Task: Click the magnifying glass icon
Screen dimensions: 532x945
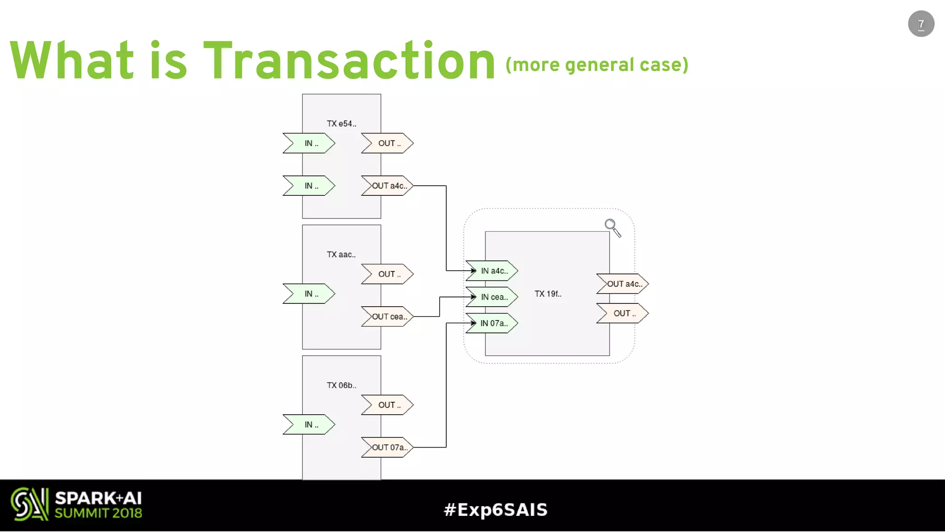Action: (x=612, y=227)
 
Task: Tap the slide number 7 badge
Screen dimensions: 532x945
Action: (x=921, y=24)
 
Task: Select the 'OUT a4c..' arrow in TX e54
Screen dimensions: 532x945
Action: (x=388, y=186)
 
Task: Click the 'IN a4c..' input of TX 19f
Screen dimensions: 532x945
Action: (x=492, y=271)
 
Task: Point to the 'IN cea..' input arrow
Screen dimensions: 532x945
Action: (x=492, y=297)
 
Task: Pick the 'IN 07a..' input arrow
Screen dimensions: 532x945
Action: (x=492, y=323)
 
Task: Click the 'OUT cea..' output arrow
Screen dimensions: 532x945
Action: (x=388, y=316)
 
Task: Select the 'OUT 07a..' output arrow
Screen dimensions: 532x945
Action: (x=388, y=447)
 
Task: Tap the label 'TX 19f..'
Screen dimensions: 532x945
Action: (x=548, y=294)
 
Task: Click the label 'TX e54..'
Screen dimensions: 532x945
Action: (x=341, y=124)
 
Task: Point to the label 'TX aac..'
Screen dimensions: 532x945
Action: (x=341, y=254)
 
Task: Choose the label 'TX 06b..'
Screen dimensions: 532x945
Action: (x=341, y=385)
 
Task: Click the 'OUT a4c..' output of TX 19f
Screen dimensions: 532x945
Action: (x=623, y=284)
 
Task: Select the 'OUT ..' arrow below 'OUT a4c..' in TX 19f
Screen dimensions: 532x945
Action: (x=623, y=313)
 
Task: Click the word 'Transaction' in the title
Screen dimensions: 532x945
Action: (x=349, y=61)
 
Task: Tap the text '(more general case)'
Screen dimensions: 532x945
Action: (x=597, y=65)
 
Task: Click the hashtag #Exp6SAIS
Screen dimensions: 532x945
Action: (x=496, y=509)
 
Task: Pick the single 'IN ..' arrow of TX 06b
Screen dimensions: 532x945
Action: (x=309, y=424)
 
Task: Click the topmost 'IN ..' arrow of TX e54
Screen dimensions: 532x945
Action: (x=309, y=143)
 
